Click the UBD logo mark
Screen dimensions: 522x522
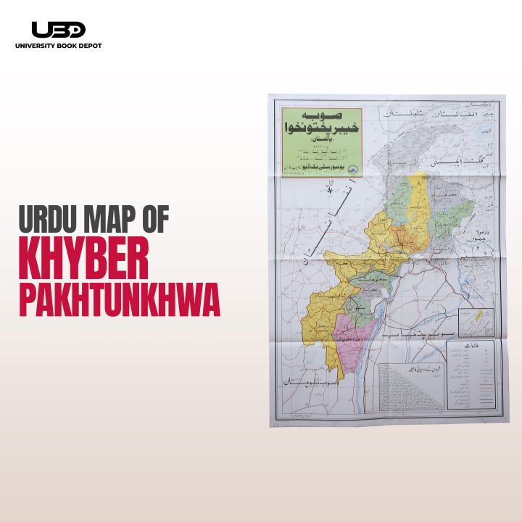(x=59, y=30)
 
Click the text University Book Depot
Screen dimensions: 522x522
(x=59, y=46)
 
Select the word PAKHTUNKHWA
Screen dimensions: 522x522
(x=119, y=302)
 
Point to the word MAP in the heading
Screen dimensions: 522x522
(x=118, y=218)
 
